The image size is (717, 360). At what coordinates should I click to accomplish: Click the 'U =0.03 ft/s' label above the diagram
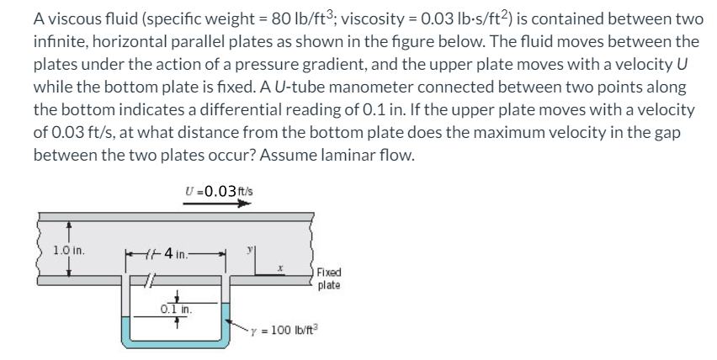pyautogui.click(x=218, y=192)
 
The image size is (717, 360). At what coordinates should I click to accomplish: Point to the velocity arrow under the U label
pyautogui.click(x=218, y=203)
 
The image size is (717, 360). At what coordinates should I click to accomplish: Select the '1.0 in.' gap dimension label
pyautogui.click(x=68, y=250)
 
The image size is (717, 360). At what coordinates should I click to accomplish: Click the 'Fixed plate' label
pyautogui.click(x=329, y=279)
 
